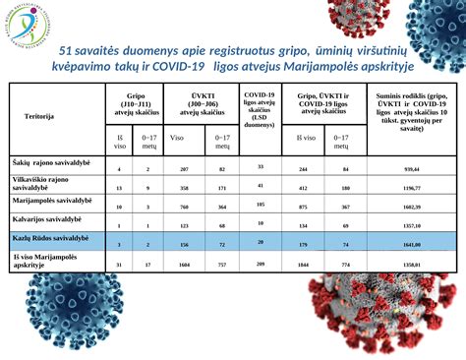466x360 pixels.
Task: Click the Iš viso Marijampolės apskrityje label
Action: (x=43, y=261)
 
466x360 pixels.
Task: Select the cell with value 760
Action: (x=186, y=208)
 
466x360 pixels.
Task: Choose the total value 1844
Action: (x=304, y=265)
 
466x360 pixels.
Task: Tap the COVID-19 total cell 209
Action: (x=260, y=264)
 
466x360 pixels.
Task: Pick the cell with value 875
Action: (x=304, y=208)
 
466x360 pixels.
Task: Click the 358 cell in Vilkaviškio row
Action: (x=186, y=187)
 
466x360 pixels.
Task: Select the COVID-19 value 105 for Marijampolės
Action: (x=260, y=205)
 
